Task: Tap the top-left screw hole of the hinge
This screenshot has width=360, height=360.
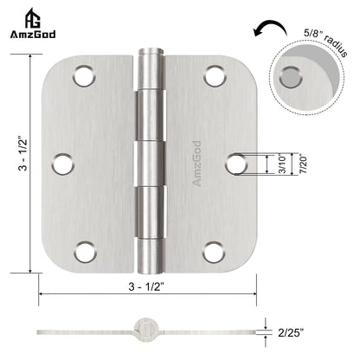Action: click(85, 75)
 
